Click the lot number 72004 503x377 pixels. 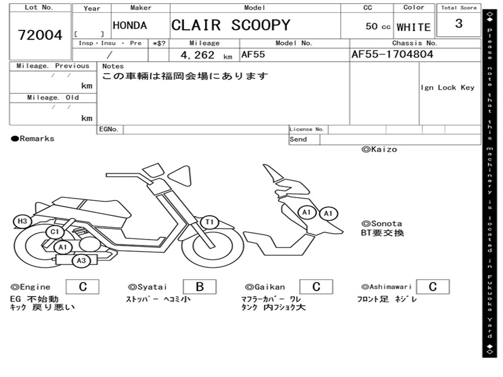[x=40, y=35]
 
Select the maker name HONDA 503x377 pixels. [x=130, y=26]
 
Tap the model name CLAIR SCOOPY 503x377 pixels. [x=231, y=25]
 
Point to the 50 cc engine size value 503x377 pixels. [x=378, y=27]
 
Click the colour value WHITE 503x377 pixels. [x=414, y=27]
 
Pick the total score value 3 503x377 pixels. [x=458, y=24]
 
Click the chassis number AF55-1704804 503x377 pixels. [x=392, y=54]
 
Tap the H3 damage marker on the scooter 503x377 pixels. [x=22, y=221]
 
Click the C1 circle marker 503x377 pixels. [x=55, y=232]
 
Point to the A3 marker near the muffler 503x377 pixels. [x=82, y=261]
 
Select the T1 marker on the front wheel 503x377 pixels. [x=210, y=222]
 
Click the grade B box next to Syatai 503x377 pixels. [x=199, y=287]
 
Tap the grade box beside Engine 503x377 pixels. [x=83, y=287]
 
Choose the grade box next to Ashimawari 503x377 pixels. [x=432, y=287]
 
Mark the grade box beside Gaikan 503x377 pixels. [x=316, y=287]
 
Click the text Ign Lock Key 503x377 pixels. [x=447, y=87]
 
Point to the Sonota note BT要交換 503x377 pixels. [x=383, y=233]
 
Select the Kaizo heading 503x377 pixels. [x=379, y=149]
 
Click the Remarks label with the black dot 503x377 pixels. [x=33, y=139]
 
